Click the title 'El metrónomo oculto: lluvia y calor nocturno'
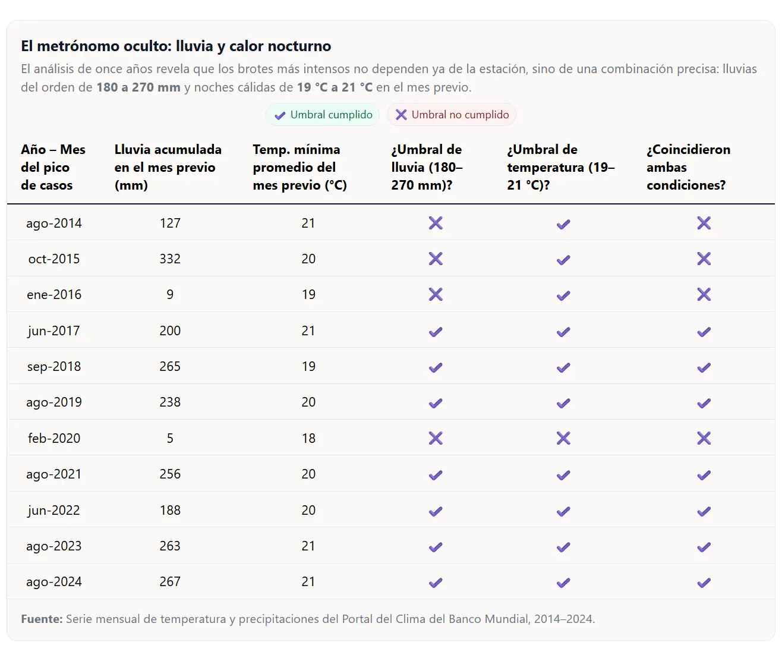coord(176,46)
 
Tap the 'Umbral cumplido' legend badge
coord(323,115)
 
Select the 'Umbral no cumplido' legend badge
coord(452,115)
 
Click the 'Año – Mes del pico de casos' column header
coord(53,167)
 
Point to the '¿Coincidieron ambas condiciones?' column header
coord(688,167)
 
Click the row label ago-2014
coord(54,224)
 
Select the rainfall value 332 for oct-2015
coord(170,259)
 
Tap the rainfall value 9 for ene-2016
coord(170,294)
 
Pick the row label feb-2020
coord(54,438)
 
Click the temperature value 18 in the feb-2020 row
coord(308,438)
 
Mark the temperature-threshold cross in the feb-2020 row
coord(563,438)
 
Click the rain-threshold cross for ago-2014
coord(436,224)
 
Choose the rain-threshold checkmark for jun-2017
coord(436,332)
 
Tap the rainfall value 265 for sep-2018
coord(170,367)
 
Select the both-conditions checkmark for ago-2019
coord(704,403)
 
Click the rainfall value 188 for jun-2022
coord(170,511)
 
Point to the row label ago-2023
coord(54,546)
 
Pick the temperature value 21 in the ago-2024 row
coord(308,582)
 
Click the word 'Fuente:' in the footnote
coord(42,619)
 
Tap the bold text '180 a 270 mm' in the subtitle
coord(138,87)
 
